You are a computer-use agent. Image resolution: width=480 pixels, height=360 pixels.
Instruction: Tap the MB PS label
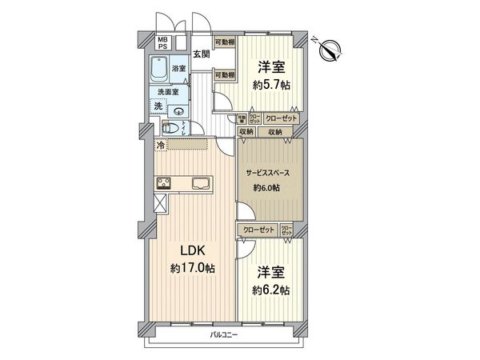pyautogui.click(x=162, y=43)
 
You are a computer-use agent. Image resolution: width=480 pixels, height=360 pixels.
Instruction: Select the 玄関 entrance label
pyautogui.click(x=201, y=54)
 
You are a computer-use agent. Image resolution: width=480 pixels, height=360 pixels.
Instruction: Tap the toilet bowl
pyautogui.click(x=170, y=128)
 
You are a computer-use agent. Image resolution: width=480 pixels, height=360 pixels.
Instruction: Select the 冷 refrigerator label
pyautogui.click(x=160, y=145)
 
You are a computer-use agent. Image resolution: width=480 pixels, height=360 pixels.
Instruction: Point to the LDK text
pyautogui.click(x=193, y=250)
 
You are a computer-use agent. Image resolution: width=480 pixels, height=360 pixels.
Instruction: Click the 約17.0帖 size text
pyautogui.click(x=193, y=270)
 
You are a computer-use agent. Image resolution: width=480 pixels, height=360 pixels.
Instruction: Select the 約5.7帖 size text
pyautogui.click(x=270, y=82)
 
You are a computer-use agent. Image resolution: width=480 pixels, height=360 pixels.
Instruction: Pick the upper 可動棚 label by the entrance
pyautogui.click(x=225, y=42)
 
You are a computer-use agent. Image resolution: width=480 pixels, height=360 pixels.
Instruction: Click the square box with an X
pyautogui.click(x=160, y=203)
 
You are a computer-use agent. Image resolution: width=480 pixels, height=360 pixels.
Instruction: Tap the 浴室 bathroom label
pyautogui.click(x=180, y=70)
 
